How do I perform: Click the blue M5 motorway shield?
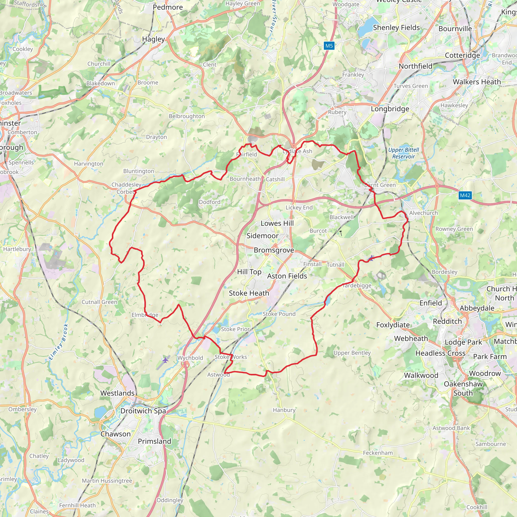329,46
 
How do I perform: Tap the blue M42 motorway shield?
465,195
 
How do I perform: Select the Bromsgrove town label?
274,250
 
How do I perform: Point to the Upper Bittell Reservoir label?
404,153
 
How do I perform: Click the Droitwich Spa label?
143,411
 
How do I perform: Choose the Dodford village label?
210,202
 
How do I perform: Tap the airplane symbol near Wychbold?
166,360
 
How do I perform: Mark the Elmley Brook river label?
59,342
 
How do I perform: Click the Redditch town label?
447,321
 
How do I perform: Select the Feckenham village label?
378,453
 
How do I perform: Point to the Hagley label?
153,39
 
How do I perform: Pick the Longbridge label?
390,109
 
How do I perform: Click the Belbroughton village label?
187,116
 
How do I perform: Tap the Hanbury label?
284,410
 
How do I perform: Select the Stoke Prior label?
235,329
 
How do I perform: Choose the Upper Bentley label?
352,353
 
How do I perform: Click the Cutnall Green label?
99,302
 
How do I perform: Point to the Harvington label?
89,164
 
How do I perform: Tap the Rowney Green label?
454,229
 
